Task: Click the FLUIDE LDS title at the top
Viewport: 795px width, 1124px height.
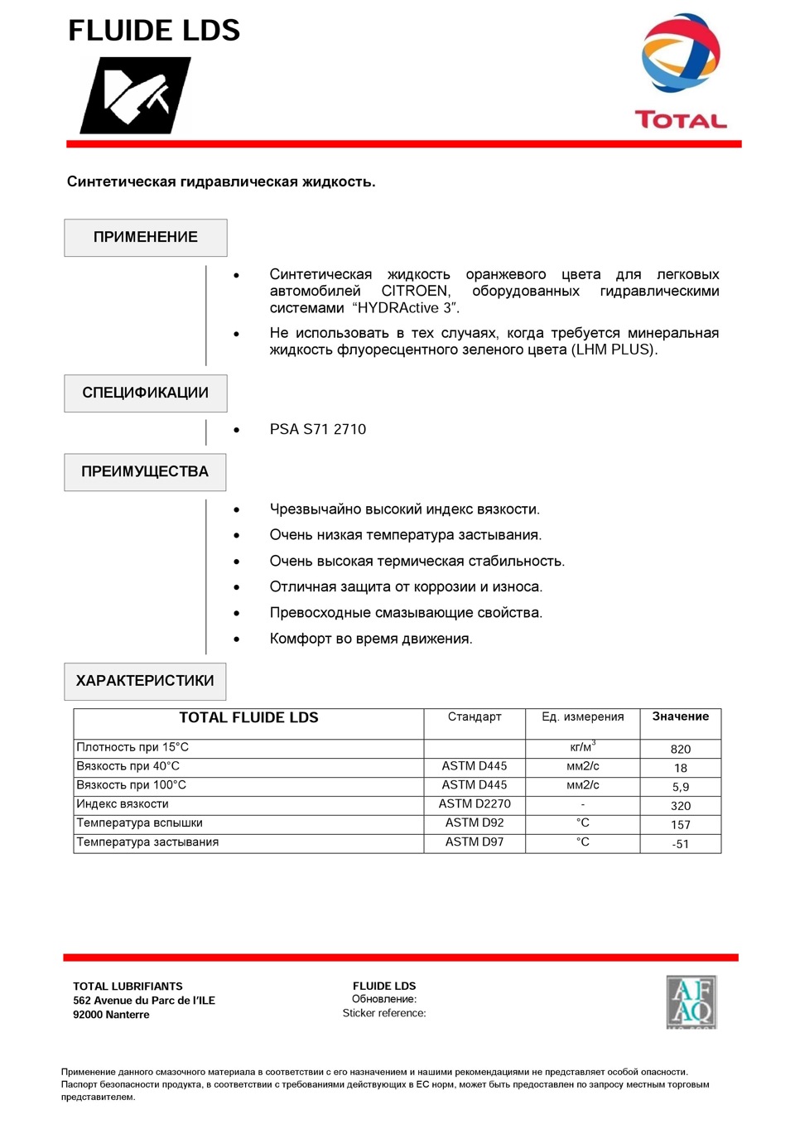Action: (x=154, y=31)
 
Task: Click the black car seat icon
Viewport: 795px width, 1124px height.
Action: (x=136, y=95)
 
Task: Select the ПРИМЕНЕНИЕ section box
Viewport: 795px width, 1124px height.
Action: (x=146, y=238)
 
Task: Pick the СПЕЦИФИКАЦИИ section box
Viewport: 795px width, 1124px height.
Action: (x=146, y=393)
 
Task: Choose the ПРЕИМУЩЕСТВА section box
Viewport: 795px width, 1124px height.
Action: (x=145, y=472)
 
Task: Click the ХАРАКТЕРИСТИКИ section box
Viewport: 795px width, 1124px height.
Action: (x=145, y=681)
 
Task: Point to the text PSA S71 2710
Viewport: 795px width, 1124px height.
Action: (x=318, y=429)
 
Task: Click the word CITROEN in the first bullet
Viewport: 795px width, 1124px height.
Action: (x=416, y=292)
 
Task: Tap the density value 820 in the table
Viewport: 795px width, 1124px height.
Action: (x=681, y=749)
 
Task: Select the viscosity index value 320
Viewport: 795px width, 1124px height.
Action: (x=681, y=806)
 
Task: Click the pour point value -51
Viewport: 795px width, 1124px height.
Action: (x=681, y=844)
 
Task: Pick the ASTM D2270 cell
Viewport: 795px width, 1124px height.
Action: (x=475, y=803)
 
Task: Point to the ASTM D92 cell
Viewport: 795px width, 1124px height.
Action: (x=475, y=822)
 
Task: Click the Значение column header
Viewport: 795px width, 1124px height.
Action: (x=681, y=716)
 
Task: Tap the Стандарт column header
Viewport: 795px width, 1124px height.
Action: (x=475, y=716)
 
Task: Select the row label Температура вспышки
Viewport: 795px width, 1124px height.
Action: (x=140, y=822)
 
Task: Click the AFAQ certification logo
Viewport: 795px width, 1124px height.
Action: (x=691, y=1002)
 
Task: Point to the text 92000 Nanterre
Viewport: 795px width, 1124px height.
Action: (x=111, y=1015)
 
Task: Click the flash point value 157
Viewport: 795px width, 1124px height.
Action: (x=681, y=825)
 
